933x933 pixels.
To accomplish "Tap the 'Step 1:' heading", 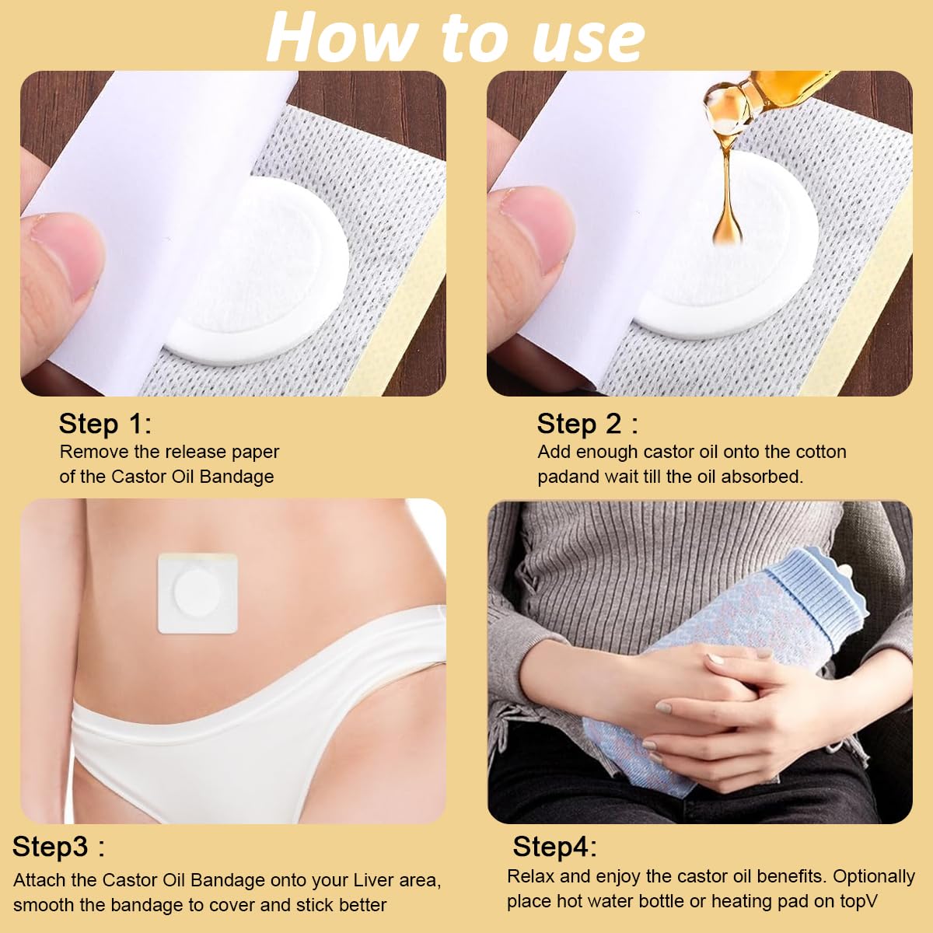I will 105,424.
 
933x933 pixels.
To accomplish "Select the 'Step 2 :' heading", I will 587,424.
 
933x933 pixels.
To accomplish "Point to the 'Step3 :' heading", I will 58,847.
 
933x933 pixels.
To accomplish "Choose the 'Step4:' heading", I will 554,847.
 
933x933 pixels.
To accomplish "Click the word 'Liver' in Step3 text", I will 373,880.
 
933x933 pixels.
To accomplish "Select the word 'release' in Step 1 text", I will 193,452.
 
